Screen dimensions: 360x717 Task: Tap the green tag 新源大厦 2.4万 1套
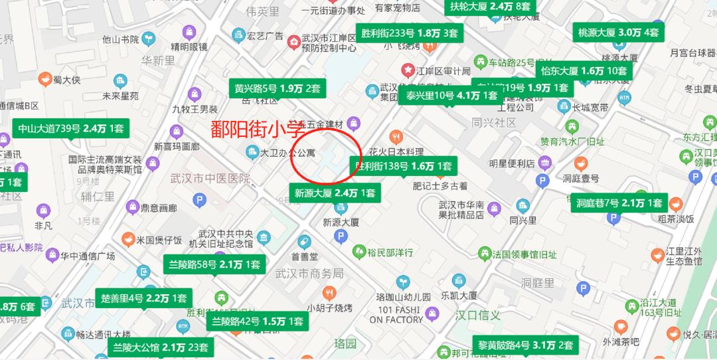click(x=335, y=193)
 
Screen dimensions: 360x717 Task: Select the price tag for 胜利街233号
click(x=409, y=33)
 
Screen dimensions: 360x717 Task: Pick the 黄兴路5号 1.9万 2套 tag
click(x=277, y=88)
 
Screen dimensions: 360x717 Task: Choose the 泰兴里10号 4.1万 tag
click(x=448, y=95)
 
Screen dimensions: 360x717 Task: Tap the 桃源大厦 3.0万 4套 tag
click(x=618, y=31)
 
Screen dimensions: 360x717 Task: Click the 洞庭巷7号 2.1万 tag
click(x=619, y=203)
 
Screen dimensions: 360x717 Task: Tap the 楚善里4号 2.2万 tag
click(x=143, y=298)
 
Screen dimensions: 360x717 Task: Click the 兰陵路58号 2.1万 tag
click(x=214, y=264)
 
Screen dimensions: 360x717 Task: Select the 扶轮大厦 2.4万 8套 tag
click(x=490, y=7)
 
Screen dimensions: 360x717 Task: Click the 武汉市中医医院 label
click(x=210, y=179)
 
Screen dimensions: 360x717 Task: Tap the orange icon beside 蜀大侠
click(x=45, y=80)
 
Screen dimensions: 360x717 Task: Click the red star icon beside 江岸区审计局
click(x=407, y=69)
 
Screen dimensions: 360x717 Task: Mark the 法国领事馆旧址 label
click(x=524, y=253)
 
